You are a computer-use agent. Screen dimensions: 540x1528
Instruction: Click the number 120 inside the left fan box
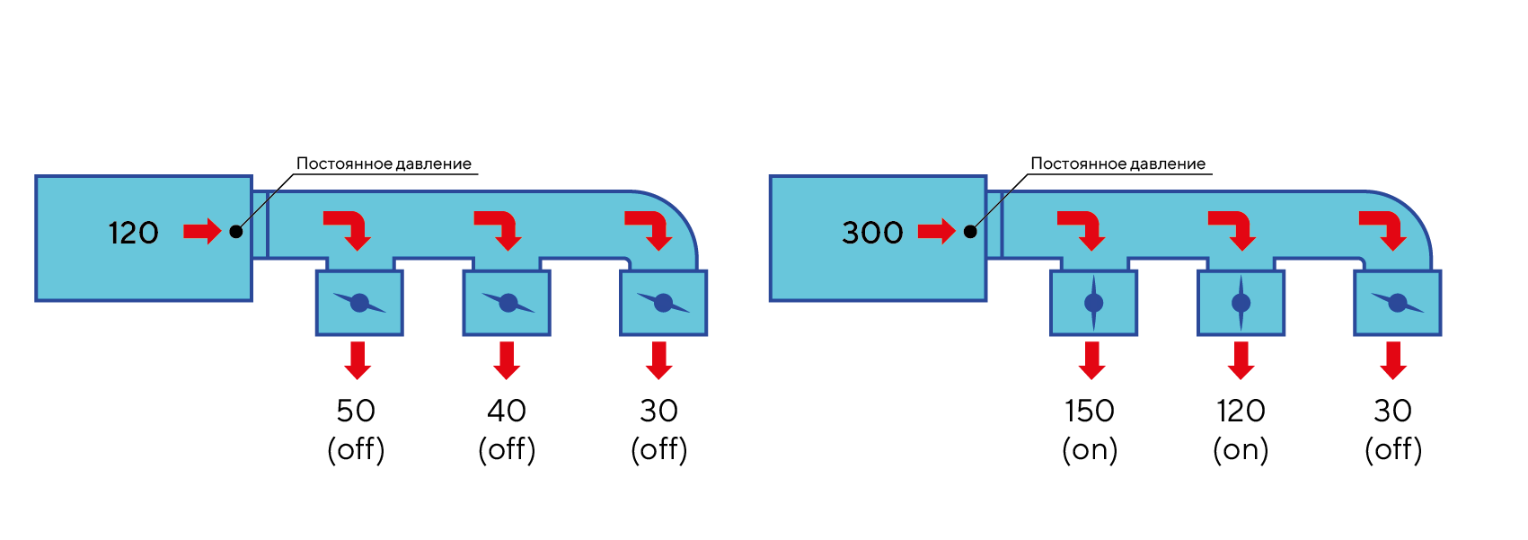[133, 233]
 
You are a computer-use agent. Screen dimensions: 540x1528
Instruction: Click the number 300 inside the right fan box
[871, 233]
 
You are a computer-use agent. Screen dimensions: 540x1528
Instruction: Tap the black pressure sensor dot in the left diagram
[235, 232]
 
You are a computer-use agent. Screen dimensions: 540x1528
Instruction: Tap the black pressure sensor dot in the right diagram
[970, 232]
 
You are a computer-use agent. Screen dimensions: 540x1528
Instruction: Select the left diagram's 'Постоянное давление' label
[384, 164]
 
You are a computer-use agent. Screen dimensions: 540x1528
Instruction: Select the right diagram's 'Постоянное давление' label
[1117, 164]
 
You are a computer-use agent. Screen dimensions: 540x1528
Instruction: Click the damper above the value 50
[359, 303]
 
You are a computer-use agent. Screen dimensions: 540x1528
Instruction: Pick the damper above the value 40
[508, 303]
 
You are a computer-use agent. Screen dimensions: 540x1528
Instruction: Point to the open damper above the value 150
[1093, 303]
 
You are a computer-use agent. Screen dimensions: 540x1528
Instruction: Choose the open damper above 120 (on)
[1241, 303]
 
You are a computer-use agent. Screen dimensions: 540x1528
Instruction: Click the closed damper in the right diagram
[1397, 303]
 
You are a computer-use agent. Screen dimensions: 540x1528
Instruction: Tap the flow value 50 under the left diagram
[356, 411]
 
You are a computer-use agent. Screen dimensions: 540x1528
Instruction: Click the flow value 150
[1089, 411]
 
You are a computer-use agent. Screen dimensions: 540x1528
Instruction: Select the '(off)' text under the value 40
[507, 449]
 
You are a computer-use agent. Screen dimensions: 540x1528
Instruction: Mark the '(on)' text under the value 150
[1089, 449]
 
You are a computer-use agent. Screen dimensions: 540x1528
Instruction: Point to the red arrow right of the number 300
[936, 232]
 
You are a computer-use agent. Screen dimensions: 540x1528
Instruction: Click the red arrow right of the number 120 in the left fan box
[202, 232]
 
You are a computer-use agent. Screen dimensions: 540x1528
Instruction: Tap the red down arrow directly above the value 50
[358, 359]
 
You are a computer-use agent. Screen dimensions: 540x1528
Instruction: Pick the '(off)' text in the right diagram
[1392, 449]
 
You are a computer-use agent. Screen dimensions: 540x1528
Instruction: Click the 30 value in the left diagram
[658, 411]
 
